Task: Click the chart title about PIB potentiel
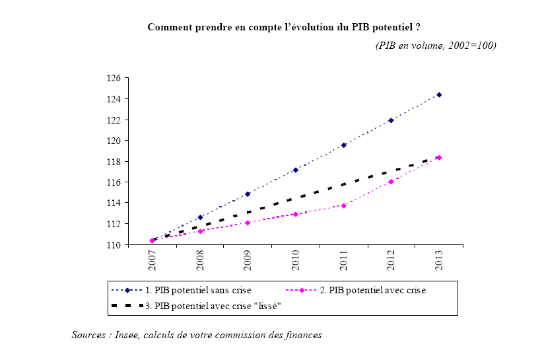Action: pyautogui.click(x=285, y=27)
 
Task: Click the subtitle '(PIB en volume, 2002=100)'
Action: pyautogui.click(x=436, y=46)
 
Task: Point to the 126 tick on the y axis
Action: pyautogui.click(x=115, y=78)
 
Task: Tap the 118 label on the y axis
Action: pyautogui.click(x=115, y=161)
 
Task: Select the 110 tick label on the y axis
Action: pyautogui.click(x=115, y=244)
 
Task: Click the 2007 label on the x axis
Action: pyautogui.click(x=153, y=260)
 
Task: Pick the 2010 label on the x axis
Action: pyautogui.click(x=296, y=260)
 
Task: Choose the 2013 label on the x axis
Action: pyautogui.click(x=439, y=260)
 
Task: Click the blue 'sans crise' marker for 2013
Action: pyautogui.click(x=439, y=94)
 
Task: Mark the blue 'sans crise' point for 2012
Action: pyautogui.click(x=391, y=120)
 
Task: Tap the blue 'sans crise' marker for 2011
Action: pyautogui.click(x=343, y=145)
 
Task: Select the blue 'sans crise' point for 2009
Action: pyautogui.click(x=248, y=194)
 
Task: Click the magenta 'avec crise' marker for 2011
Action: pyautogui.click(x=343, y=205)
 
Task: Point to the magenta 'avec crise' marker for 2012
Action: pyautogui.click(x=391, y=182)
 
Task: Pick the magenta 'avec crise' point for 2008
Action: pyautogui.click(x=200, y=231)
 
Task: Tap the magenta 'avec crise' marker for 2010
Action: pyautogui.click(x=296, y=214)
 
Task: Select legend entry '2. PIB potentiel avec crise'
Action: pyautogui.click(x=372, y=290)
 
